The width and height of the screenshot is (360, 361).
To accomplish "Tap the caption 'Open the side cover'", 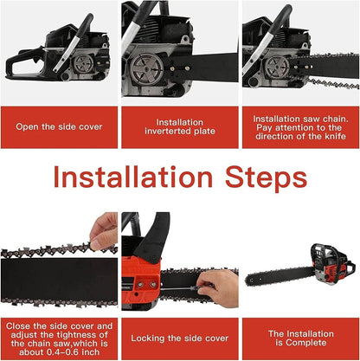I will pyautogui.click(x=59, y=126).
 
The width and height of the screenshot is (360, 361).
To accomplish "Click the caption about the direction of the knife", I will pyautogui.click(x=299, y=126).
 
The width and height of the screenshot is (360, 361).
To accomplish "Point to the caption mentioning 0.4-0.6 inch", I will pyautogui.click(x=59, y=338).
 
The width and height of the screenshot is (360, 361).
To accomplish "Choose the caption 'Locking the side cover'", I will pyautogui.click(x=180, y=338).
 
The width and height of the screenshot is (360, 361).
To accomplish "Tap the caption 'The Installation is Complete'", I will pyautogui.click(x=299, y=338).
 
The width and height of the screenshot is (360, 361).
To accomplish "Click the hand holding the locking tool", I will pyautogui.click(x=220, y=282).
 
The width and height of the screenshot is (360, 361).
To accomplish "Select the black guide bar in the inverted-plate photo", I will pyautogui.click(x=208, y=68).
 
